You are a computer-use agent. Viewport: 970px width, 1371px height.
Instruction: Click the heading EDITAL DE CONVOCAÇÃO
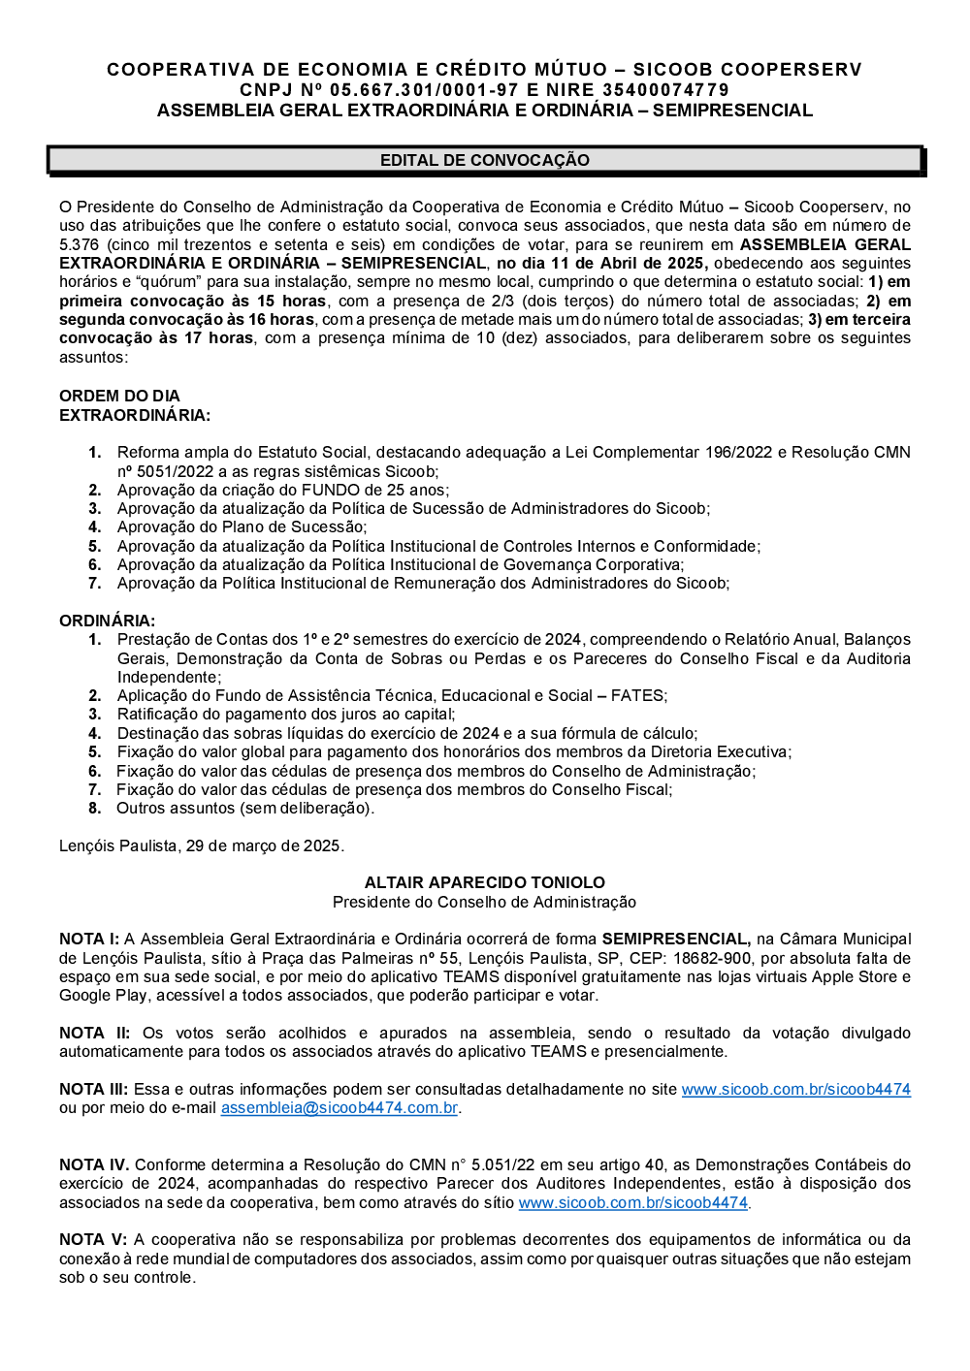tap(484, 160)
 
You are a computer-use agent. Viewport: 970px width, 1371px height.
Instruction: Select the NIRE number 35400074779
tap(664, 90)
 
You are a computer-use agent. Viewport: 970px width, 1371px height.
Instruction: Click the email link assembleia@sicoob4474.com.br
tap(339, 1108)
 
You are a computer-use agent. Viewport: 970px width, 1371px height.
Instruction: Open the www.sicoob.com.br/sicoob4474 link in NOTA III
tap(795, 1090)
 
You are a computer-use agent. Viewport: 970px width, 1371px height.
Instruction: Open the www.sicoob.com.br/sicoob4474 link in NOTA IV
tap(632, 1203)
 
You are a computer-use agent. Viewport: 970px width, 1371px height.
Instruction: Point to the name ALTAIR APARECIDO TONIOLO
tap(484, 882)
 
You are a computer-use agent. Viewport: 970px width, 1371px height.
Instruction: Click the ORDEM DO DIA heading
tap(119, 396)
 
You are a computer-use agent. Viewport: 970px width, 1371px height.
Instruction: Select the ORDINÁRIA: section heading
tap(107, 621)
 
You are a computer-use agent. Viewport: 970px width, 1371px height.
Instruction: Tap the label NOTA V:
tap(93, 1240)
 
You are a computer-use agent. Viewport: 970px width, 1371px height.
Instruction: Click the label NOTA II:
tap(94, 1034)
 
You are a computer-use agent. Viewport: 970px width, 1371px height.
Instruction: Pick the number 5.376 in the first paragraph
tap(79, 245)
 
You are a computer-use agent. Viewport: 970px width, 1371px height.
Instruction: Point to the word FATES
tap(637, 696)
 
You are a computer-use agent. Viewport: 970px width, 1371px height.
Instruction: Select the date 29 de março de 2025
tap(263, 845)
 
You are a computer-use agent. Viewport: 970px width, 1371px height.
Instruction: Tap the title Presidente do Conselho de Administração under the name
tap(484, 902)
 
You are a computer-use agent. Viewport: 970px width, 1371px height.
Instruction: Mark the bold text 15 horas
tap(291, 302)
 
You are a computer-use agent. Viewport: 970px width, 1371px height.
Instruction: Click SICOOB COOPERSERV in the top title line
tap(747, 70)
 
